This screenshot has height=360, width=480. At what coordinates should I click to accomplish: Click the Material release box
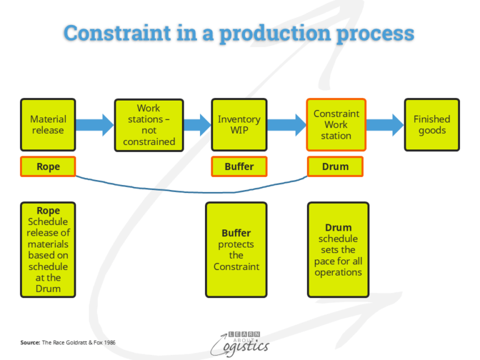click(x=48, y=124)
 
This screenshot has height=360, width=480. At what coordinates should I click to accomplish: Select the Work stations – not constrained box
click(x=149, y=125)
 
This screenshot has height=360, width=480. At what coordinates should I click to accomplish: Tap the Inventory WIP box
click(x=239, y=124)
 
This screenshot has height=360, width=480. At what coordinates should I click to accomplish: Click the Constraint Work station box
click(x=336, y=124)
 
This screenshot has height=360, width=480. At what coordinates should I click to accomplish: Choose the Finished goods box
click(x=432, y=124)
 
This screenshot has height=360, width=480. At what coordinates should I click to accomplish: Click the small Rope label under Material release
click(x=48, y=167)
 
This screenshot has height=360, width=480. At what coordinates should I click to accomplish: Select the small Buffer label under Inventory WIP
click(x=239, y=167)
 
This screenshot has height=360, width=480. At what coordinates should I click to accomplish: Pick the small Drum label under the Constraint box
click(x=336, y=167)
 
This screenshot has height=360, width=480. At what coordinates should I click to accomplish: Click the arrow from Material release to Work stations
click(x=95, y=124)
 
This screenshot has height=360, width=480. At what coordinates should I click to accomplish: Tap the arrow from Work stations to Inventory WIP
click(x=196, y=124)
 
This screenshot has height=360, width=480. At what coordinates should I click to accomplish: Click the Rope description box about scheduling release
click(x=48, y=249)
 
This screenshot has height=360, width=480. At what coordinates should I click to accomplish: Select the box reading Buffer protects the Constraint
click(x=236, y=249)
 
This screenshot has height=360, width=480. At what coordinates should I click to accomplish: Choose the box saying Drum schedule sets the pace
click(x=338, y=249)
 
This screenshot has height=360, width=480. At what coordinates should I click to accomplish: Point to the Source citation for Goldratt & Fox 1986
click(x=68, y=342)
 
